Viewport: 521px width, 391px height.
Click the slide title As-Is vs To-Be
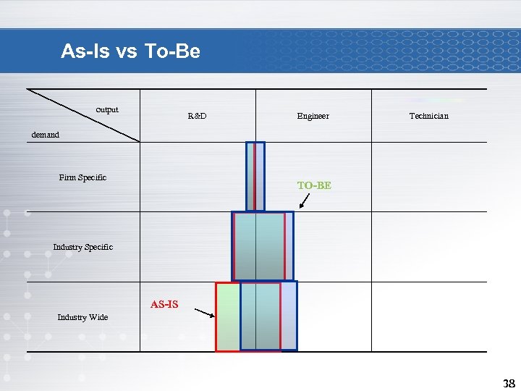click(x=130, y=51)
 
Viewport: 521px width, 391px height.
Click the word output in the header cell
click(x=107, y=110)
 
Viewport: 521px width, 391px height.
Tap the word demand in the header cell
click(x=45, y=135)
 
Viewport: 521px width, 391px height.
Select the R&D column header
click(x=197, y=116)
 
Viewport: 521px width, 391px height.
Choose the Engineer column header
click(x=313, y=116)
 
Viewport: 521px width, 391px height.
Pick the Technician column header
click(x=428, y=116)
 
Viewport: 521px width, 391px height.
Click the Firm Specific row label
click(x=82, y=177)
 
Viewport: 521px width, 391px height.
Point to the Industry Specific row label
click(x=82, y=247)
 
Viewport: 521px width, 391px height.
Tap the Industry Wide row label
click(x=82, y=317)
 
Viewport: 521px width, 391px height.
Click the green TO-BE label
click(x=314, y=185)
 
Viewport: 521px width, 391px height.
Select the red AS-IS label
click(x=164, y=305)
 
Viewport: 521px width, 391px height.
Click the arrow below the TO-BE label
click(x=304, y=201)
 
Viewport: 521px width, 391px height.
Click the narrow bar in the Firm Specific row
click(x=255, y=176)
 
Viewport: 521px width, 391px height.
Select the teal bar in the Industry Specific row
click(x=262, y=246)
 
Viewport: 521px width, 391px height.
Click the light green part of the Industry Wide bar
click(x=228, y=316)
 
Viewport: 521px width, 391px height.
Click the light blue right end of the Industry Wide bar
click(x=289, y=316)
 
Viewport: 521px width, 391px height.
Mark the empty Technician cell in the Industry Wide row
click(x=428, y=316)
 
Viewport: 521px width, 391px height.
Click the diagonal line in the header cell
click(x=83, y=114)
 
